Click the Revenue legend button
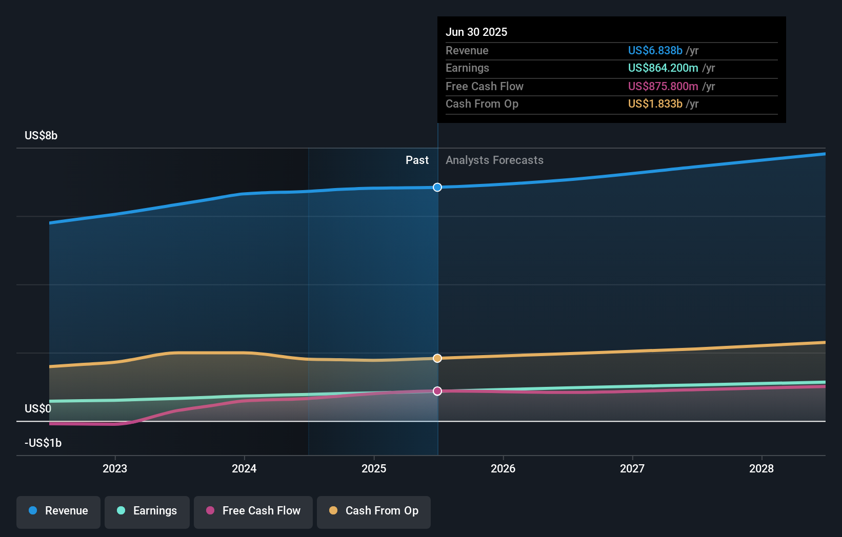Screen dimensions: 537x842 (x=58, y=511)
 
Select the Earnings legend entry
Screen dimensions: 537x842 (x=147, y=511)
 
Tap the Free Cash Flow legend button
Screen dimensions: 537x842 (x=253, y=511)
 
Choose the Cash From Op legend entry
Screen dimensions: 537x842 (x=374, y=511)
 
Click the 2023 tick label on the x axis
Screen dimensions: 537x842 (x=115, y=468)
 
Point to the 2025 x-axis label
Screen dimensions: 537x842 (x=374, y=468)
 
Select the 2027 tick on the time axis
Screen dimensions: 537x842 (x=632, y=468)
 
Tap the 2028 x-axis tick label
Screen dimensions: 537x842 (x=761, y=468)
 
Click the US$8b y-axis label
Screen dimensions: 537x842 (x=41, y=135)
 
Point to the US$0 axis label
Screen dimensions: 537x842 (x=38, y=408)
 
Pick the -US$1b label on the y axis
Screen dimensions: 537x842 (x=43, y=443)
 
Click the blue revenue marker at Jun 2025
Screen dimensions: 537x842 (x=437, y=188)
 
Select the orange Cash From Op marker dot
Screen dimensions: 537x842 (x=437, y=358)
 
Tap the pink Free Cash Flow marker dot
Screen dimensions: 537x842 (x=437, y=391)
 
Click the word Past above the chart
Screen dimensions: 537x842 (x=417, y=160)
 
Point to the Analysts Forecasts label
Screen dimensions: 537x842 (x=494, y=160)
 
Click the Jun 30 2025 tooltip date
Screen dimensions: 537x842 (x=476, y=32)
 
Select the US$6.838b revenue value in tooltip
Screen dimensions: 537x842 (x=655, y=50)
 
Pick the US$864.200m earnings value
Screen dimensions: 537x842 (x=663, y=68)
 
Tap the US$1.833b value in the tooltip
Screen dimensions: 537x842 (x=655, y=104)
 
